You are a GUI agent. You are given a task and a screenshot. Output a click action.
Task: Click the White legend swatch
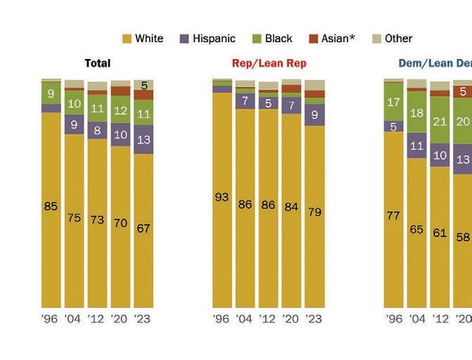coord(127,39)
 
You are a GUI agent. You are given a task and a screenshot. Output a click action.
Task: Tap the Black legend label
coord(279,39)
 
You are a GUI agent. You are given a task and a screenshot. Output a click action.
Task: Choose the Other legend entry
coord(398,39)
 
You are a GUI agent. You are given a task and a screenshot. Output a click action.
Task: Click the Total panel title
coord(97,63)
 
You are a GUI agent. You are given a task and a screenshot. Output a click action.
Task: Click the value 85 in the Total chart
coord(51,207)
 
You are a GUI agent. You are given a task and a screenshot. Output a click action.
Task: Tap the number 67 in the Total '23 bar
coord(143,228)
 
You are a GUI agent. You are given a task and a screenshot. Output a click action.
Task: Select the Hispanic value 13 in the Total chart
coord(143,139)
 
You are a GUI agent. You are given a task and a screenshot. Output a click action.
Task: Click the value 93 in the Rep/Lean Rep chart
coord(222,197)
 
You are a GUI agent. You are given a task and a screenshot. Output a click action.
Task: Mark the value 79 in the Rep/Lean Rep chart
coord(314,212)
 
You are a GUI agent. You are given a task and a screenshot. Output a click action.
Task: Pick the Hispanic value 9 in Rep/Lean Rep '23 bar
coord(314,115)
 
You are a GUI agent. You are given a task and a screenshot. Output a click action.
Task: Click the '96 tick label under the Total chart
coord(50,319)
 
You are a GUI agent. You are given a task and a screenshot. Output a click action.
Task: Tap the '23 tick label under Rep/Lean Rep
coord(314,319)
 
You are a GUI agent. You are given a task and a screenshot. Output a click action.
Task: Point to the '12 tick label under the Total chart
coord(97,319)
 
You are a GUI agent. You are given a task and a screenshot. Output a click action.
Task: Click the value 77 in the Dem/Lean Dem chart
coord(393,216)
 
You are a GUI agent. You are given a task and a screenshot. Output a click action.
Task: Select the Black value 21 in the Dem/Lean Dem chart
coord(440,122)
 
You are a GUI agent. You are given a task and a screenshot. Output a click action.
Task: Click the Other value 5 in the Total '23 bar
coord(143,86)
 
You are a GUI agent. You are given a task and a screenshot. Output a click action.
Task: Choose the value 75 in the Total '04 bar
coord(74,218)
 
